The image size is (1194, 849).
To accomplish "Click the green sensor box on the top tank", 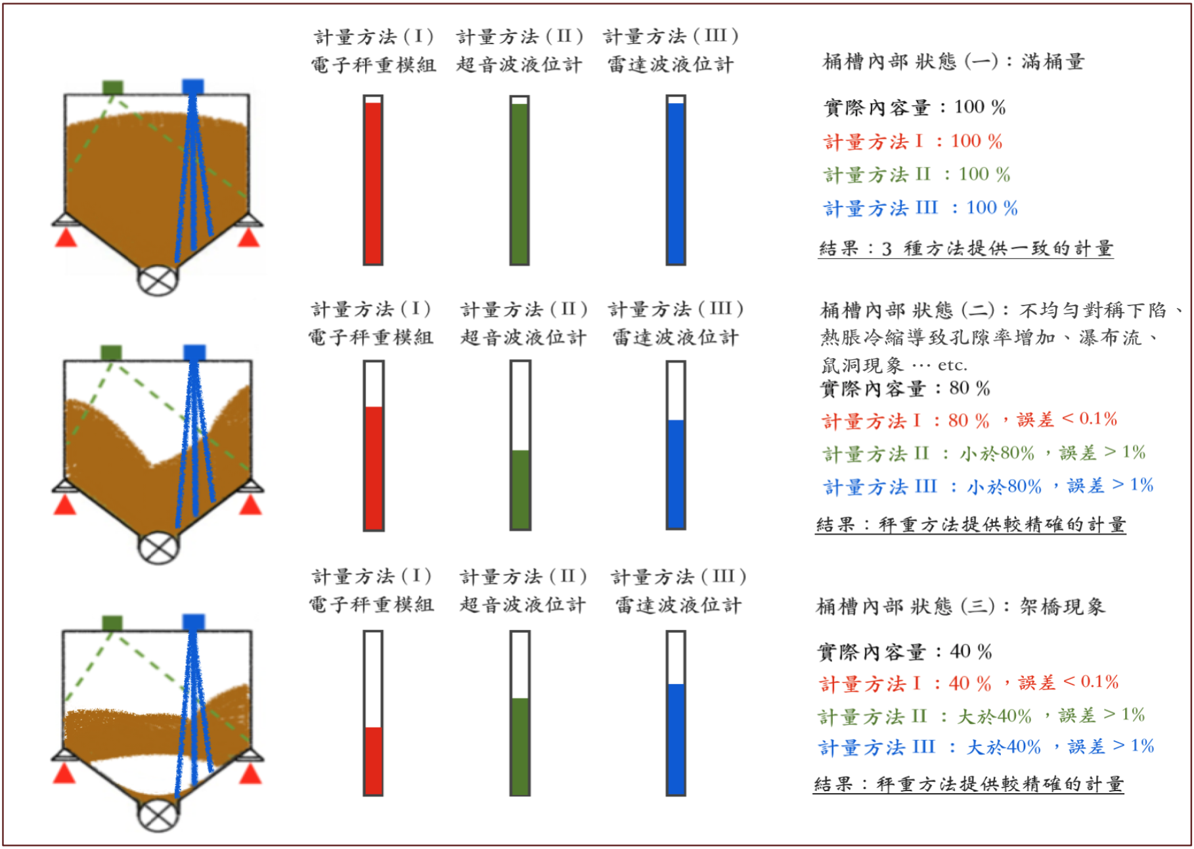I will [113, 87].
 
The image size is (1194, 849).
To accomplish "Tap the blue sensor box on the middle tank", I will [194, 352].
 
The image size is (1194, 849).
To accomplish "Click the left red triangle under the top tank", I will [66, 238].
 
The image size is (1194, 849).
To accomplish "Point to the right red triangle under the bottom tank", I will [250, 775].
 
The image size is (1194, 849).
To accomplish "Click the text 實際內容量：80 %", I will [905, 388].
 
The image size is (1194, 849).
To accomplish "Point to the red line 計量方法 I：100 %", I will [913, 141].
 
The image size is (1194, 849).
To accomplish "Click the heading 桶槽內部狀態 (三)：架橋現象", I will [960, 606].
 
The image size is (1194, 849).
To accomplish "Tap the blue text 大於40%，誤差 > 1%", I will [1060, 747].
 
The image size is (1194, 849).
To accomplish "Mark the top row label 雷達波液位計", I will [671, 64].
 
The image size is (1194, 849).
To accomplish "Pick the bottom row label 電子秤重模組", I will [372, 605].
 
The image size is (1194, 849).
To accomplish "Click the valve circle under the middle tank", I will [158, 547].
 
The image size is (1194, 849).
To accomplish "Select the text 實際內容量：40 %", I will [904, 652].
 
